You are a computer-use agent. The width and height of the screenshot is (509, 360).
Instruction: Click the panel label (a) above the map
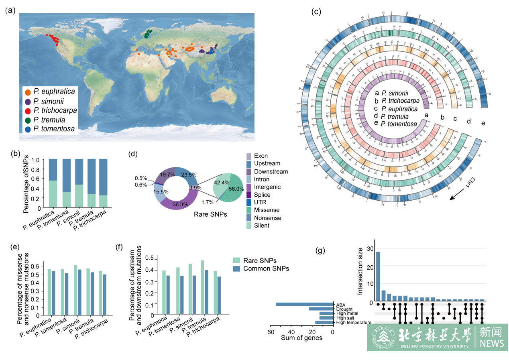click(x=10, y=11)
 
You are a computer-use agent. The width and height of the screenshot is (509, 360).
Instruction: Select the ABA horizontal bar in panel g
click(x=305, y=304)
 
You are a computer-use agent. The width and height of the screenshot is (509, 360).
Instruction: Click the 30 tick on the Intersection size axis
click(x=369, y=249)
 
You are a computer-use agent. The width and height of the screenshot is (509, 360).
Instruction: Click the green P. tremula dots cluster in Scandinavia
click(x=148, y=34)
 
